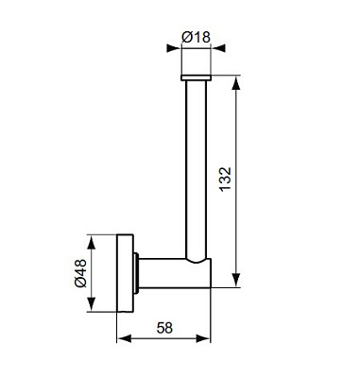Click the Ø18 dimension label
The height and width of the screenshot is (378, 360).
(x=196, y=37)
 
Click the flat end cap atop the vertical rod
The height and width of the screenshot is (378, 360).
(x=196, y=77)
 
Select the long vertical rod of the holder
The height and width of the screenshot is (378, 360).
(x=196, y=170)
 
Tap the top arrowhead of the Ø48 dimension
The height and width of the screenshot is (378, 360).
(x=93, y=237)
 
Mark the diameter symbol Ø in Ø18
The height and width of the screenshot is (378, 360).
(x=186, y=37)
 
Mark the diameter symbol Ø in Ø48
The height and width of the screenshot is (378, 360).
(x=80, y=283)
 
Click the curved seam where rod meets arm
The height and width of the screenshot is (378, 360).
(x=194, y=258)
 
